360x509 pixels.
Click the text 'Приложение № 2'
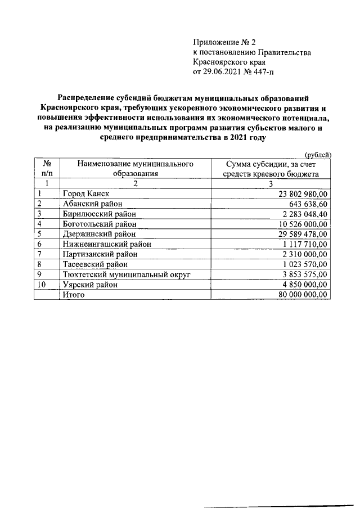[224, 42]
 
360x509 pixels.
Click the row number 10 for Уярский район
[41, 285]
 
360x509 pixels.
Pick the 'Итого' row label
[74, 295]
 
